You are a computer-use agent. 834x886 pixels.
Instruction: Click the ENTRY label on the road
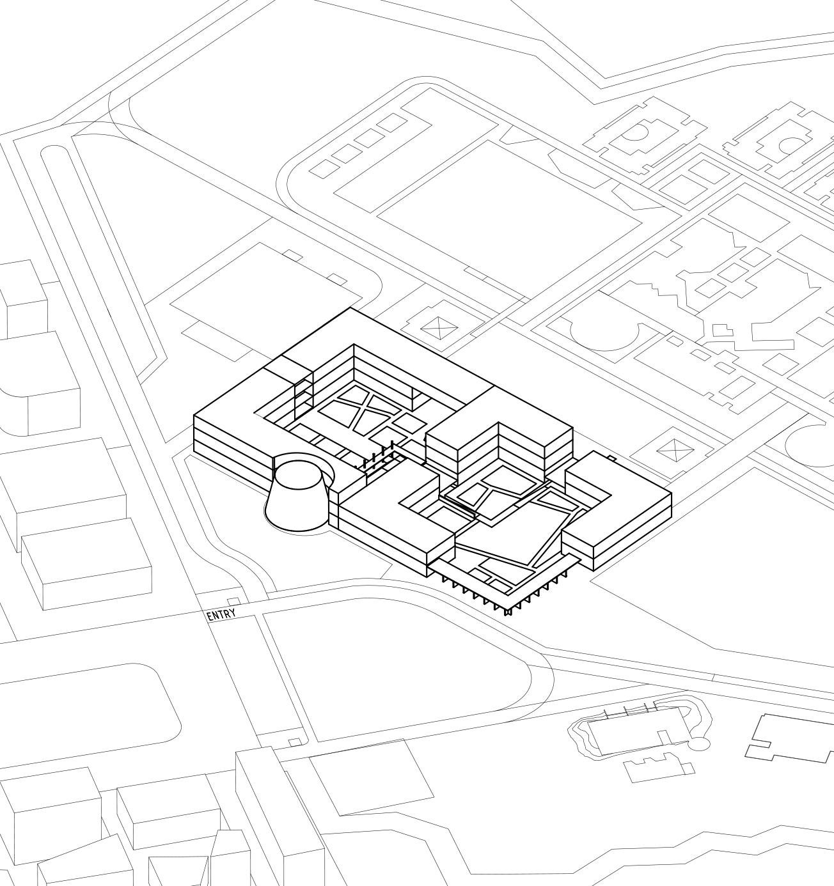[221, 615]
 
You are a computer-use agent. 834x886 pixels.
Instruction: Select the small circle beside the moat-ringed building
[699, 743]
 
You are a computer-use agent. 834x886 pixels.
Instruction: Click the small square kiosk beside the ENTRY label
[234, 602]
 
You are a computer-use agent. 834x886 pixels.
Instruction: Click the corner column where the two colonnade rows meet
[509, 611]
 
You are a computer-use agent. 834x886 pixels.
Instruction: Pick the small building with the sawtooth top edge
[659, 765]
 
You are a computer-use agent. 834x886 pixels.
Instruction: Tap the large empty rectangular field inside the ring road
[508, 214]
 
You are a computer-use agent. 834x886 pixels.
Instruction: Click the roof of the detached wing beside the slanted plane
[617, 505]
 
